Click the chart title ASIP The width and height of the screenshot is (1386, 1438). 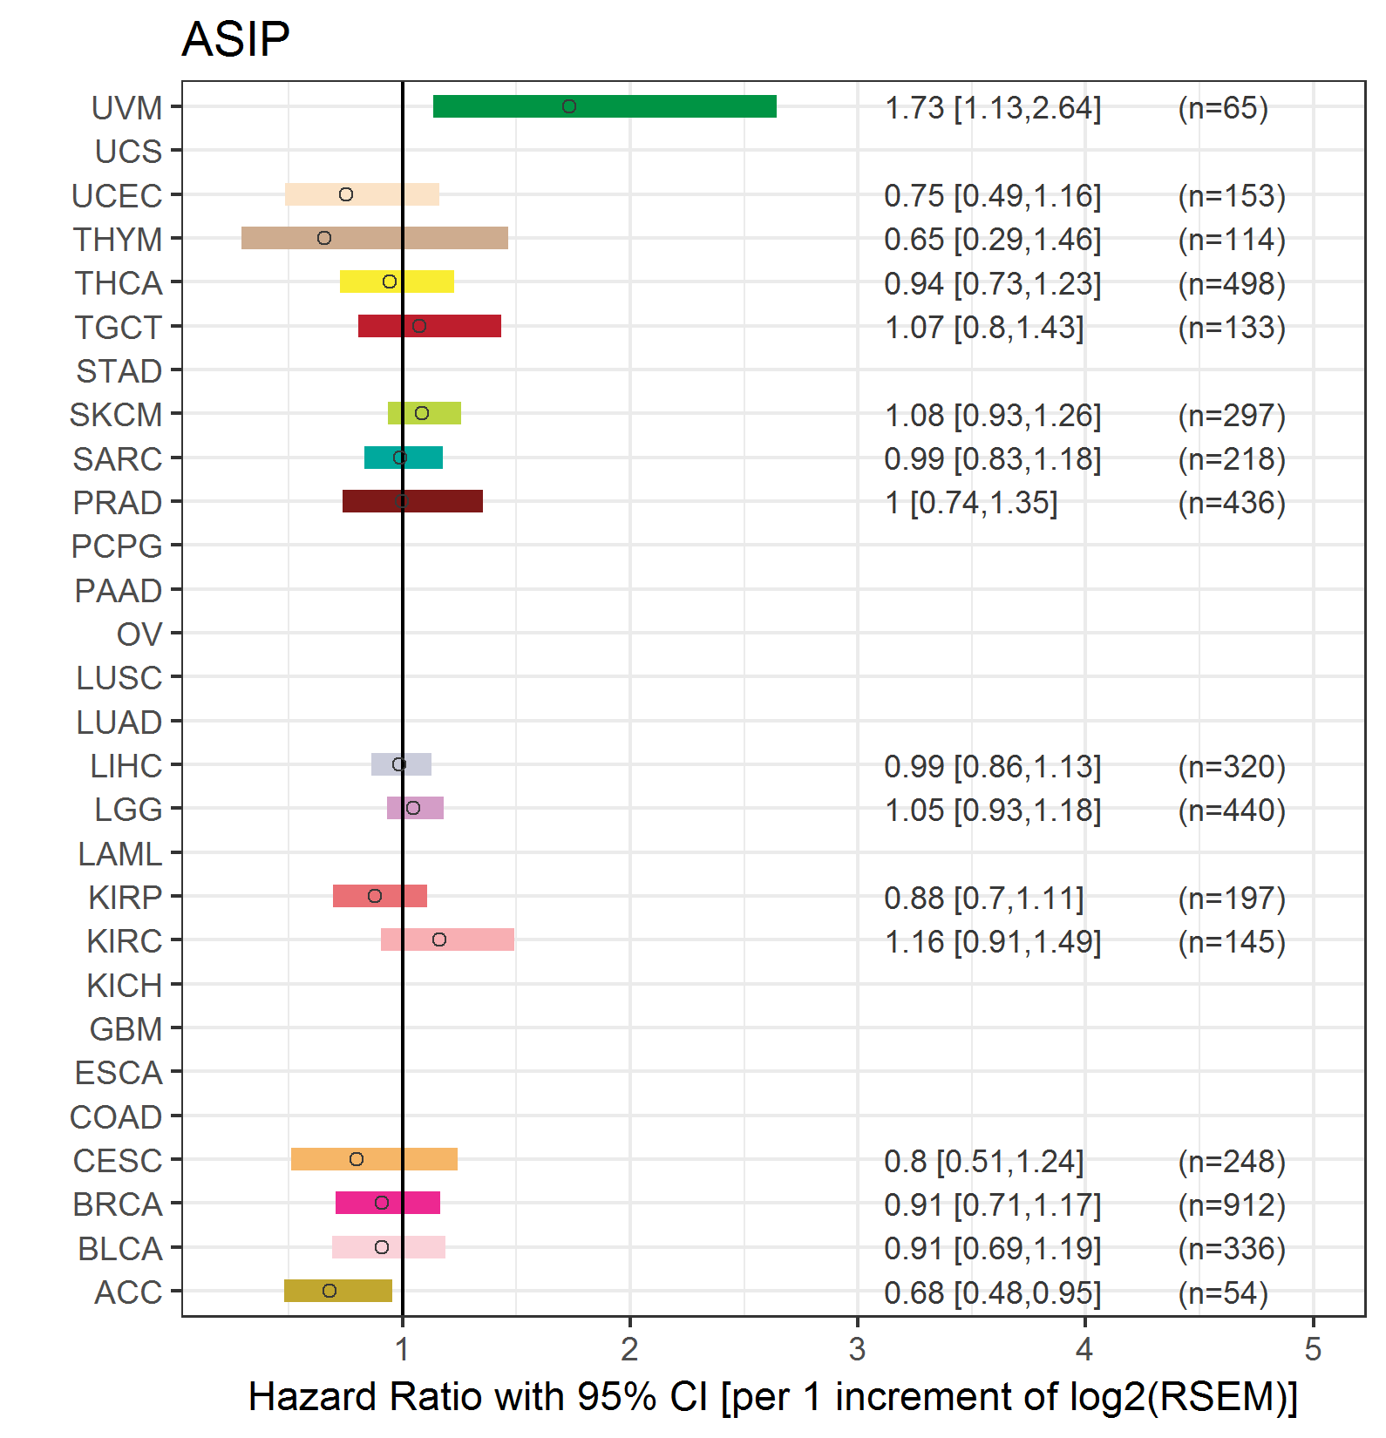[235, 39]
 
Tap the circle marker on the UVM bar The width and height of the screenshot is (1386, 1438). [569, 106]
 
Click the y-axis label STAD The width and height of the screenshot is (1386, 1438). [119, 371]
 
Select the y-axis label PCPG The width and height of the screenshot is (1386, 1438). [117, 546]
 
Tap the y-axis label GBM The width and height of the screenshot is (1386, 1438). [126, 1029]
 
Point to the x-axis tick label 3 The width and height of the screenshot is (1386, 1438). [857, 1349]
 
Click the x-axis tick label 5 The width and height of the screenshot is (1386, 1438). [1313, 1349]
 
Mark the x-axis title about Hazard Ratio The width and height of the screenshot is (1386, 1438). [772, 1396]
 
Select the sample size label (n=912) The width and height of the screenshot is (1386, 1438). [1231, 1204]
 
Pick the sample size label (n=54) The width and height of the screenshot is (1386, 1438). [1222, 1292]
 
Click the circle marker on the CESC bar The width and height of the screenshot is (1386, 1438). [357, 1159]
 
